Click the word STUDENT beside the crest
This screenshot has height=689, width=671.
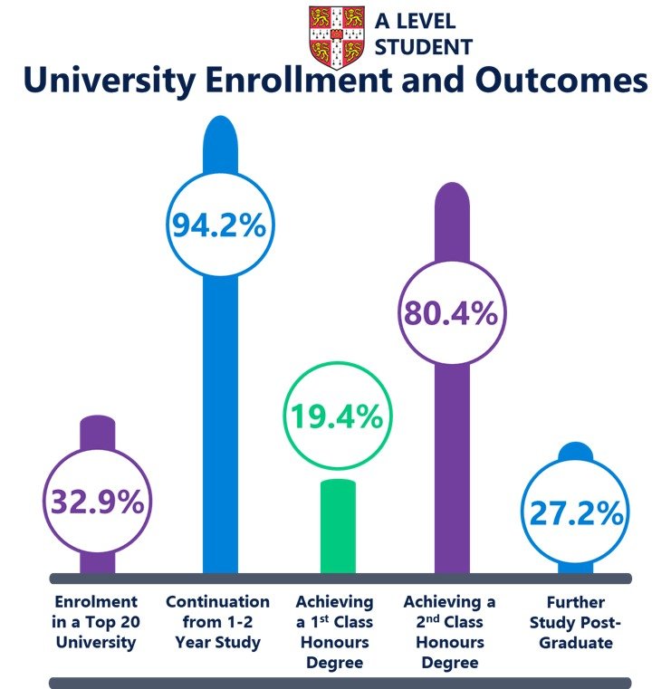(x=423, y=46)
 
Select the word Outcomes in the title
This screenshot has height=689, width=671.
(x=559, y=81)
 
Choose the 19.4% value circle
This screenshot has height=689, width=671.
(x=337, y=418)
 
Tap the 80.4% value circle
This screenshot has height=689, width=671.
(x=450, y=313)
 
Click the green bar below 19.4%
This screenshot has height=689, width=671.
(x=339, y=525)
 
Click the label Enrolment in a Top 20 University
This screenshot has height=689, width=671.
(x=96, y=622)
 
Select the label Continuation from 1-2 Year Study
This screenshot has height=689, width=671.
(x=217, y=622)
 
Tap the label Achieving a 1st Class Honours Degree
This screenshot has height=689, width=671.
(x=335, y=632)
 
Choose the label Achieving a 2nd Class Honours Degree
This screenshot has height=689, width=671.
(x=450, y=632)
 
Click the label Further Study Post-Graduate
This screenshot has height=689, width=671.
(x=574, y=622)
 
